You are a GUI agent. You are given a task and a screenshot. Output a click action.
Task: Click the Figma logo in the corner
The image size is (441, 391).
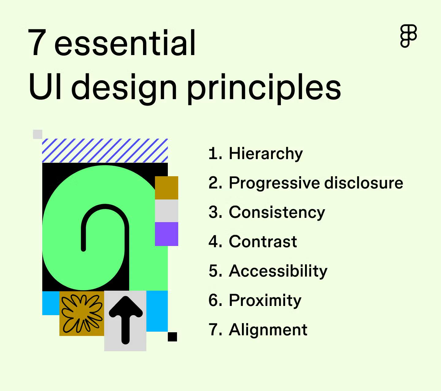point(409,36)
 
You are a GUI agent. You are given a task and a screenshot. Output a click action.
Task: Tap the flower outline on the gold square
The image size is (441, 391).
point(82,314)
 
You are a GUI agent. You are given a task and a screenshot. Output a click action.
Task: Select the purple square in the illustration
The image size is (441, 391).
point(167,234)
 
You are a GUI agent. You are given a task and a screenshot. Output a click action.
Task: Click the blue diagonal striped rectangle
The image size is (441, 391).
point(105,151)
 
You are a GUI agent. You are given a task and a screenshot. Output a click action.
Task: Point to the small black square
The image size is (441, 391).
point(172,337)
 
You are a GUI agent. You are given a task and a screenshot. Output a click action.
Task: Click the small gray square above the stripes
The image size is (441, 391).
point(38,134)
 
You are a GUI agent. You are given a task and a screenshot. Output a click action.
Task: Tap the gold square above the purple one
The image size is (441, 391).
point(167,188)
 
